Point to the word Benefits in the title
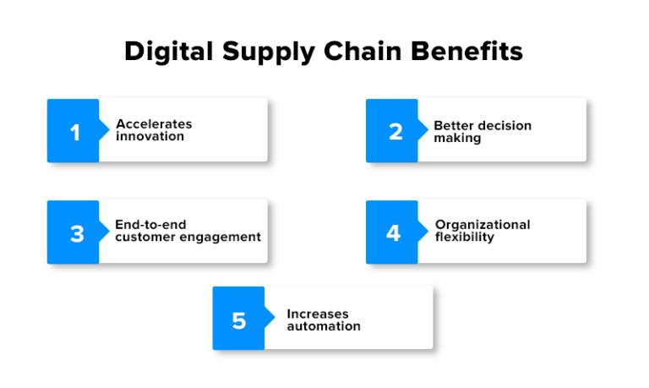coord(469,52)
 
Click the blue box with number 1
coord(74,131)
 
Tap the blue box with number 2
coord(392,131)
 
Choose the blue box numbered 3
coord(74,232)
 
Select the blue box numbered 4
coord(392,232)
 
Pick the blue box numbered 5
coord(238,319)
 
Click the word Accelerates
coord(154,124)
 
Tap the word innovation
coord(150,136)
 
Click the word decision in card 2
coord(504,125)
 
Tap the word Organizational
coord(483,225)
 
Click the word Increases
coord(317,314)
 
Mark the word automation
coord(323,325)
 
